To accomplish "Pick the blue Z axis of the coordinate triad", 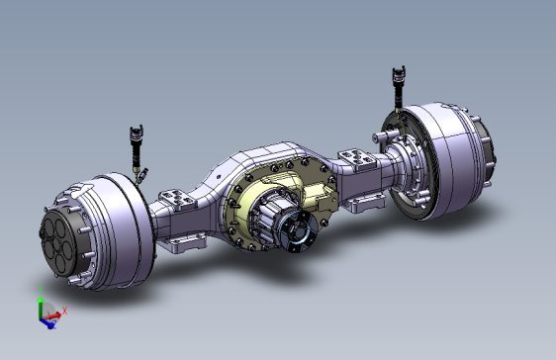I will pyautogui.click(x=46, y=321).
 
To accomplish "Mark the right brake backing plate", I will pyautogui.click(x=406, y=168).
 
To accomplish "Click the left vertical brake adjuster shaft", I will pyautogui.click(x=138, y=158).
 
